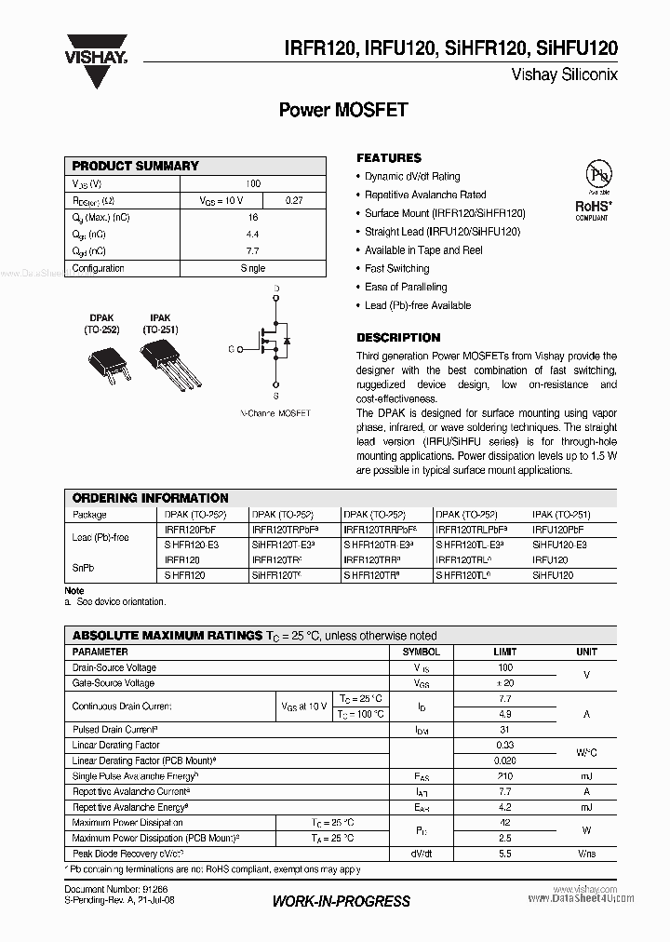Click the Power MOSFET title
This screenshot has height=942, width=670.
pyautogui.click(x=343, y=110)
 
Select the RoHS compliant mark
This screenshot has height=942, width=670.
pyautogui.click(x=592, y=209)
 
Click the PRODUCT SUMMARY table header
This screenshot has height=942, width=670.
pyautogui.click(x=136, y=166)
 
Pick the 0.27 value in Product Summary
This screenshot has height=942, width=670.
pyautogui.click(x=294, y=200)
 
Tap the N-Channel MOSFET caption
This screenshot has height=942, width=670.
pyautogui.click(x=275, y=412)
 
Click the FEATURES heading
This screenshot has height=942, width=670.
pyautogui.click(x=389, y=158)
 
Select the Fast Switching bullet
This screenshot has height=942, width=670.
pyautogui.click(x=396, y=269)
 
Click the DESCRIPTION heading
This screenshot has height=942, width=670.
pyautogui.click(x=398, y=338)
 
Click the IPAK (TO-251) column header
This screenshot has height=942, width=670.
pyautogui.click(x=561, y=515)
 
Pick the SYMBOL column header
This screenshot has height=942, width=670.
pyautogui.click(x=421, y=653)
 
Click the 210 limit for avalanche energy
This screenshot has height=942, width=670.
pyautogui.click(x=505, y=776)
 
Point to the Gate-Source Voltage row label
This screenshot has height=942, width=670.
pyautogui.click(x=114, y=683)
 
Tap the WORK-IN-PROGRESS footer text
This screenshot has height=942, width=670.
pyautogui.click(x=341, y=901)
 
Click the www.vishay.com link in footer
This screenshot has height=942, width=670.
pyautogui.click(x=586, y=890)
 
